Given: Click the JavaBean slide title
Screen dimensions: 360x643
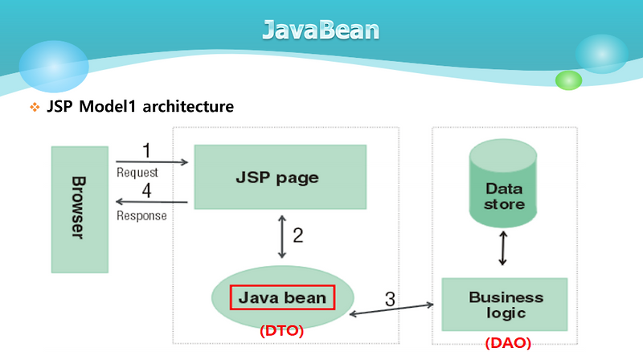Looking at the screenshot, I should (x=321, y=31).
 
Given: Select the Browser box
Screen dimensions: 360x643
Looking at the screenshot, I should (x=79, y=209).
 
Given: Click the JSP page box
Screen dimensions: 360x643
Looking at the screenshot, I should (x=281, y=178).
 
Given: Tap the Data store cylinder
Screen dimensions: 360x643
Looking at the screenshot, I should (x=504, y=187).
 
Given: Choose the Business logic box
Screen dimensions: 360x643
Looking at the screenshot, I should (x=506, y=305).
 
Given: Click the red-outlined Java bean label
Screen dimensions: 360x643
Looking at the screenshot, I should (x=281, y=297).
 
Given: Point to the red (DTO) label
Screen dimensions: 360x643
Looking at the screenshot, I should (x=281, y=330).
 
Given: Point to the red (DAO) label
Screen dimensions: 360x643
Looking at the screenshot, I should (x=508, y=343).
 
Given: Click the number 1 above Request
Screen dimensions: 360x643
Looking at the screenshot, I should (x=145, y=151).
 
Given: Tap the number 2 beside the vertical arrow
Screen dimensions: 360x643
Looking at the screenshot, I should (x=297, y=235).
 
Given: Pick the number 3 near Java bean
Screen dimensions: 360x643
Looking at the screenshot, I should (x=390, y=300).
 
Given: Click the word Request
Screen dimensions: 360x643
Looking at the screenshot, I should (x=137, y=172).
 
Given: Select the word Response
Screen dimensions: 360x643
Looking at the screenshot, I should (x=141, y=215).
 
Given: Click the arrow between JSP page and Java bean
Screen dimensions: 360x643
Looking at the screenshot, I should (x=281, y=235).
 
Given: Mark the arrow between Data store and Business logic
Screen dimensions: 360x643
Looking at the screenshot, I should (x=503, y=248).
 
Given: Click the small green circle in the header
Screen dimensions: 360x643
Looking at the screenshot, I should (x=568, y=80).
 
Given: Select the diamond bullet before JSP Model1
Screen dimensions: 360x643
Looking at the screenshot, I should (x=35, y=107).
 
